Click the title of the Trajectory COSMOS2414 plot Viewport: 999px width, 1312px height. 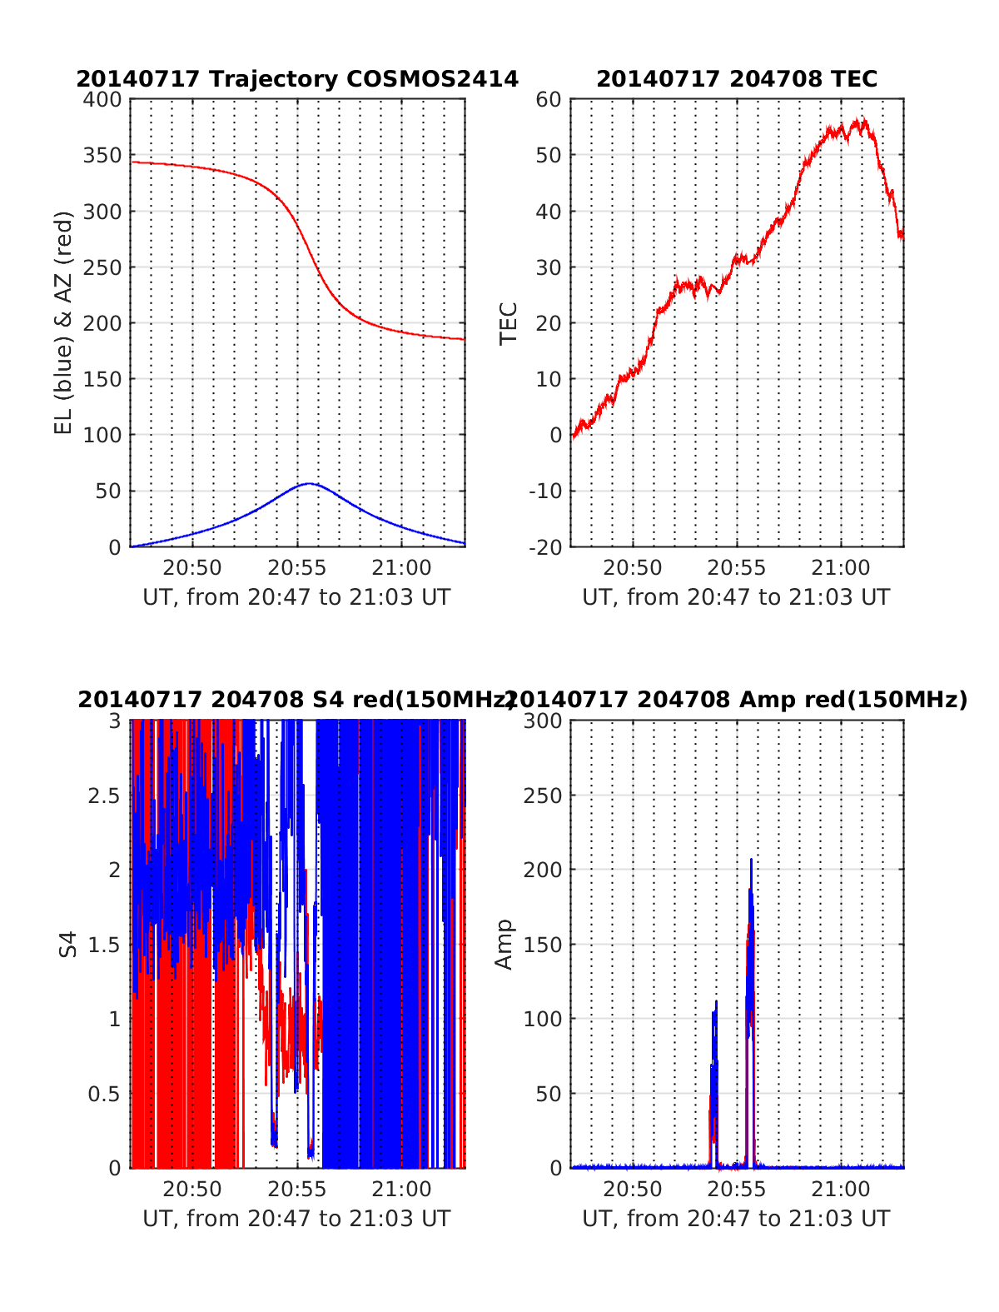coord(297,79)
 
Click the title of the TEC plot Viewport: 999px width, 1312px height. coord(737,79)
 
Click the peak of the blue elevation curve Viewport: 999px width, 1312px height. coord(309,483)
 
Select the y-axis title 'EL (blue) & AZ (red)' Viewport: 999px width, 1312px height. coord(64,322)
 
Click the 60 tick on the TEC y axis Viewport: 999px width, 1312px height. coord(549,100)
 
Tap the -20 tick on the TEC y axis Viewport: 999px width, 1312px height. coord(544,547)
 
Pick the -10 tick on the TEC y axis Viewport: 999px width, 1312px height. coord(544,491)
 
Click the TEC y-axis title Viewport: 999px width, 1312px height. coord(508,323)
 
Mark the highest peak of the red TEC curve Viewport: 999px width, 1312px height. coord(864,119)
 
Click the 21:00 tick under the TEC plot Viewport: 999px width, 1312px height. coord(841,568)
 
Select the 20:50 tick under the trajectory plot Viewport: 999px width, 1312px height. coord(192,568)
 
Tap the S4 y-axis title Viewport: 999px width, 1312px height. coord(68,944)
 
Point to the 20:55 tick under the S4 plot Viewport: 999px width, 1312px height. coord(297,1190)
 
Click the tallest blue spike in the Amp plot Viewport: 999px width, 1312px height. coord(751,860)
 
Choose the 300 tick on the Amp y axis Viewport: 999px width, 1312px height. coord(542,721)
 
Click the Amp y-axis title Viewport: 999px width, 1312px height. coord(504,944)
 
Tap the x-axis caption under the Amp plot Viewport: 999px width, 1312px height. coord(736,1219)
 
